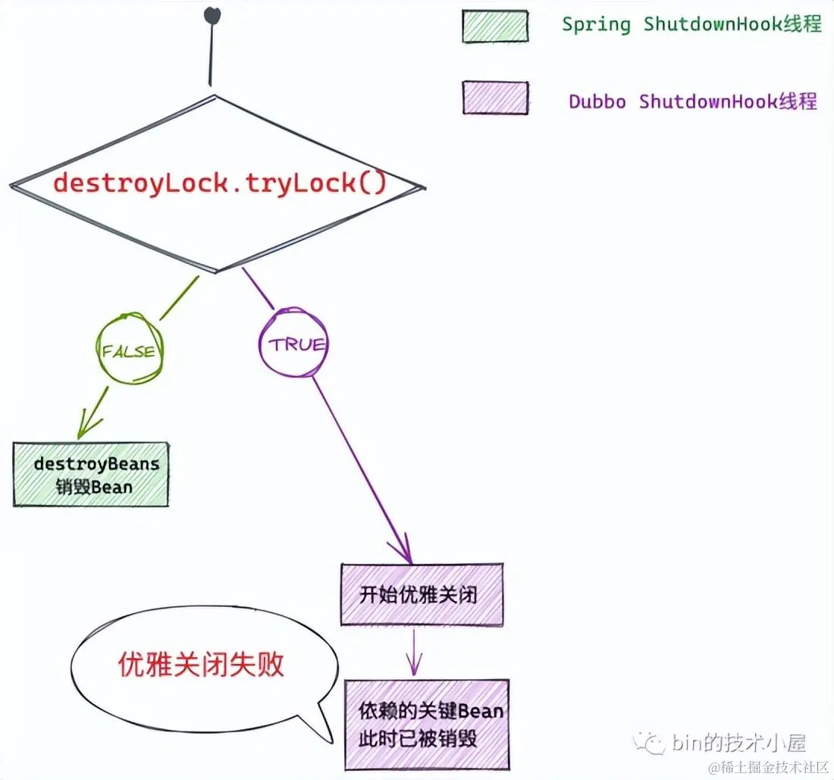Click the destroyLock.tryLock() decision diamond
(x=216, y=183)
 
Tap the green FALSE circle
(x=129, y=351)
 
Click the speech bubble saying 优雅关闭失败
(x=202, y=665)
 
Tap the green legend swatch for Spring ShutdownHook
(x=495, y=26)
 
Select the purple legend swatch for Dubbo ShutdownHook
(x=495, y=99)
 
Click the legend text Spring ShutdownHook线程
(x=691, y=24)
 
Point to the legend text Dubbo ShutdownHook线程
(x=693, y=102)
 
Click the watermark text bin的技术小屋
(x=738, y=741)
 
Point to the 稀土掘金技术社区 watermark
(x=770, y=768)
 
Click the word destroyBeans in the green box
(x=97, y=464)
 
